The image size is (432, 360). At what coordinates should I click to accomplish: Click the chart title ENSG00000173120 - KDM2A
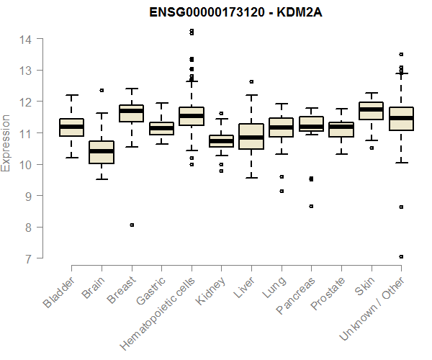click(230, 13)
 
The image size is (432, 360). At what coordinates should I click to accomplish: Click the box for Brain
click(102, 152)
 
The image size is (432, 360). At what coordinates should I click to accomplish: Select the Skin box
click(371, 111)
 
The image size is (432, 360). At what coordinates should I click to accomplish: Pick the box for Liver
click(251, 136)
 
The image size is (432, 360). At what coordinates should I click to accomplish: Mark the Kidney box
click(221, 141)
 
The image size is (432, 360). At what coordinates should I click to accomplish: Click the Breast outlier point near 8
click(132, 225)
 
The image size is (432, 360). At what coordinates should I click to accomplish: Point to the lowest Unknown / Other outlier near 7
click(401, 256)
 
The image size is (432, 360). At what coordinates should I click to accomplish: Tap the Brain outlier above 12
click(102, 91)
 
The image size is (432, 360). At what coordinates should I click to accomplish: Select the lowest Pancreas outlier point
click(311, 206)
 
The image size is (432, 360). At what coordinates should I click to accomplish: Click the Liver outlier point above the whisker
click(251, 82)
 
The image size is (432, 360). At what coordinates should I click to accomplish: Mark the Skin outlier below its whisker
click(371, 148)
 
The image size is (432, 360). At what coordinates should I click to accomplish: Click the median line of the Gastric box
click(161, 128)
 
